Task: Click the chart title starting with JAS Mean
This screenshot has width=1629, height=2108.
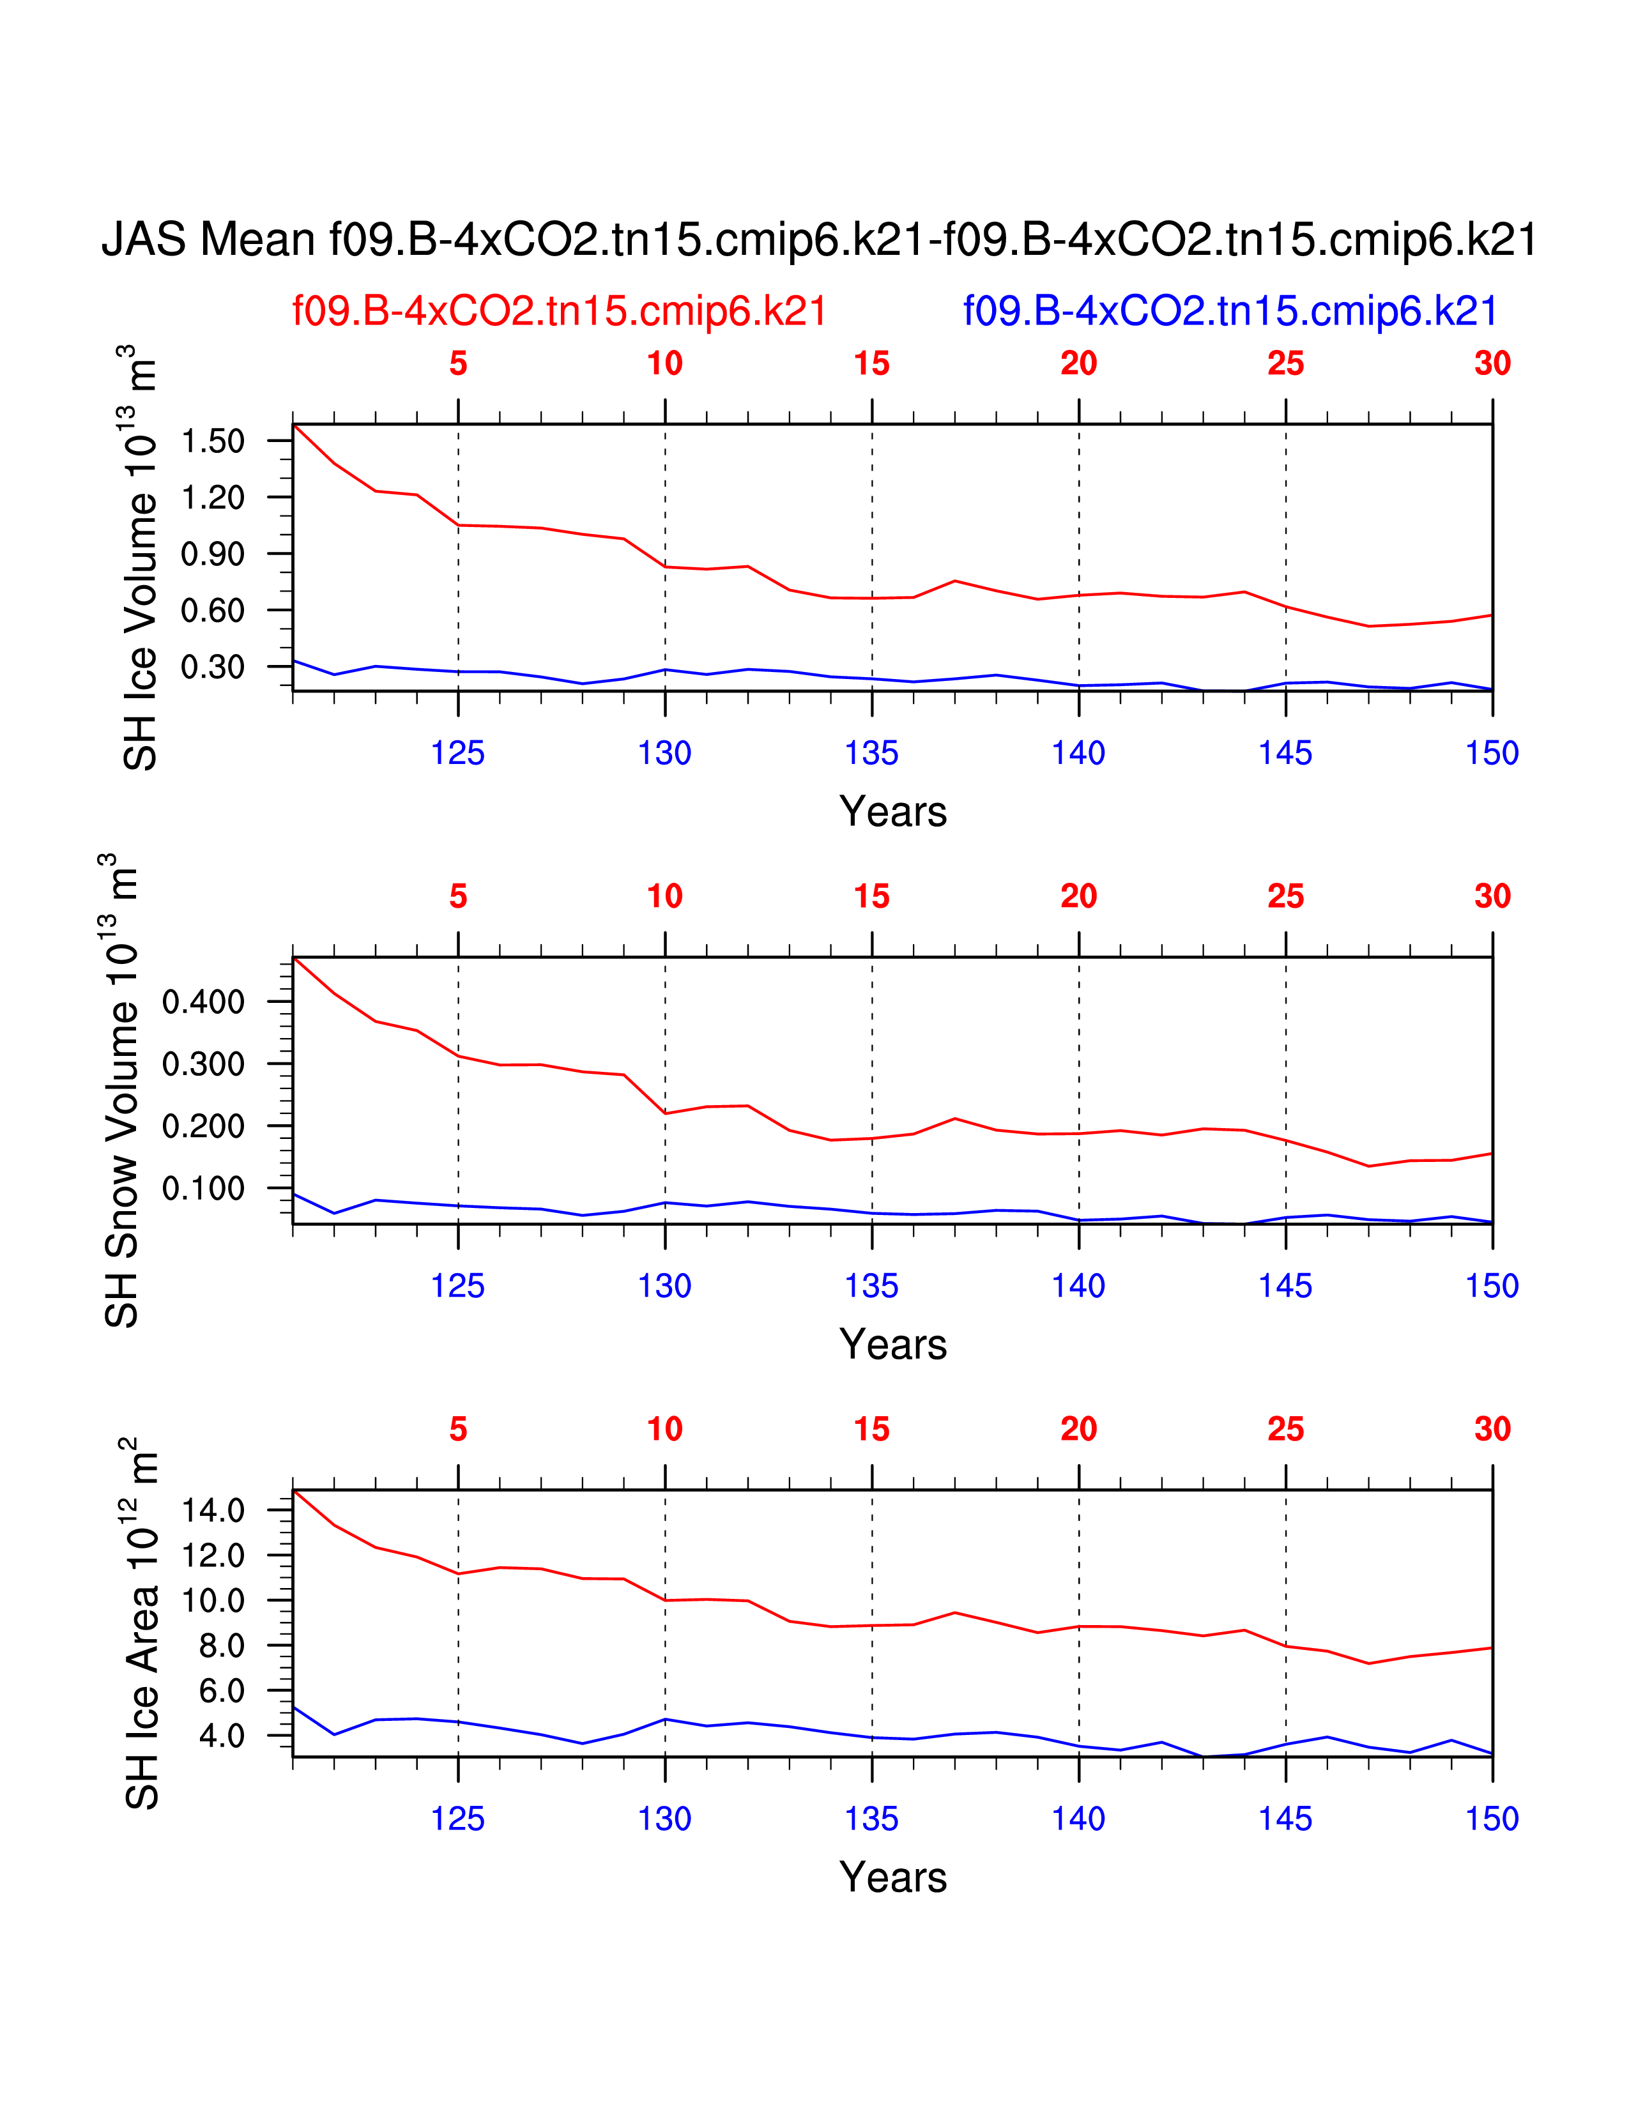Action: click(818, 240)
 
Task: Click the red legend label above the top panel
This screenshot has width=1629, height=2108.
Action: click(560, 312)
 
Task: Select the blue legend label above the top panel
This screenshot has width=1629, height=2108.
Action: click(1230, 312)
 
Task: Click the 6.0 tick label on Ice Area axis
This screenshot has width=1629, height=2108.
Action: click(222, 1691)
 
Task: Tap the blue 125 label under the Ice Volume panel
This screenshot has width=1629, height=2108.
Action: click(457, 754)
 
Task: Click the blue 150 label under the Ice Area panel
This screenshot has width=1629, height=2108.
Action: click(1492, 1819)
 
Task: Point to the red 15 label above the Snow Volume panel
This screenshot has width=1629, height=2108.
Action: click(871, 897)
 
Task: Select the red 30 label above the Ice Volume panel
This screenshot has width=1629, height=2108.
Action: click(1492, 364)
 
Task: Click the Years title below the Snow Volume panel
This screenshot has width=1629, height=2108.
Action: click(892, 1345)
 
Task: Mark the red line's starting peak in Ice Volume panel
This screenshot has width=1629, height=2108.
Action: click(294, 425)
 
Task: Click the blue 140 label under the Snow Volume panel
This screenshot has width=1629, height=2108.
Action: click(1078, 1287)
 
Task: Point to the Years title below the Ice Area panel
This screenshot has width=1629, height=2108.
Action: click(892, 1877)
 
